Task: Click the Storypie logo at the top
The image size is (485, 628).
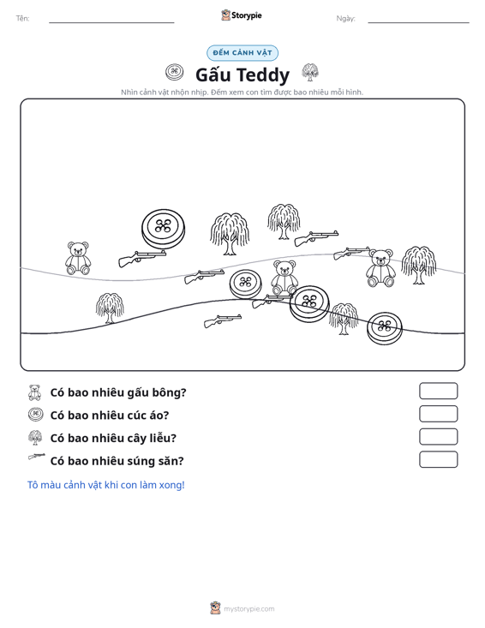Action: tap(242, 15)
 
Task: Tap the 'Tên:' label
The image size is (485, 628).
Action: tap(22, 19)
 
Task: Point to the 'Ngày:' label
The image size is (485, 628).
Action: tap(345, 19)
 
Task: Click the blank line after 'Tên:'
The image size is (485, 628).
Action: tap(111, 22)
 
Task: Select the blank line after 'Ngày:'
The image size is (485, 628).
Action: tap(418, 22)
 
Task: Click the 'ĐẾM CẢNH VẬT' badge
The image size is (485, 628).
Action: tap(242, 53)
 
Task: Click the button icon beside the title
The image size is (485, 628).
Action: tap(174, 72)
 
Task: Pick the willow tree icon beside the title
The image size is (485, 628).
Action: tap(310, 72)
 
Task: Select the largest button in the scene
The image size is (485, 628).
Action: tap(163, 229)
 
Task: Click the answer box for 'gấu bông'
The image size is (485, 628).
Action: tap(439, 391)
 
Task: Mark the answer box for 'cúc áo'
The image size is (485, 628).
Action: tap(439, 414)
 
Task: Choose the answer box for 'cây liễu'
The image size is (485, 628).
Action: tap(439, 437)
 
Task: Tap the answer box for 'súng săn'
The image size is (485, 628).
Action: tap(439, 459)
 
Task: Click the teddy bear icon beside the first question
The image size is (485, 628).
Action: tap(35, 392)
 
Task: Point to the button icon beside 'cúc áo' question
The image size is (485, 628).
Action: tap(36, 414)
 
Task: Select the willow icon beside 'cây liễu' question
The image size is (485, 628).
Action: tap(35, 437)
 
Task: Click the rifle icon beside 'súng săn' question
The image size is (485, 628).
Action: tap(37, 456)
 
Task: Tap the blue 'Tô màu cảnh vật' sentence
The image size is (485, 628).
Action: tap(105, 485)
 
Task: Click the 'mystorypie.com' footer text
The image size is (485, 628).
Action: tap(248, 609)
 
